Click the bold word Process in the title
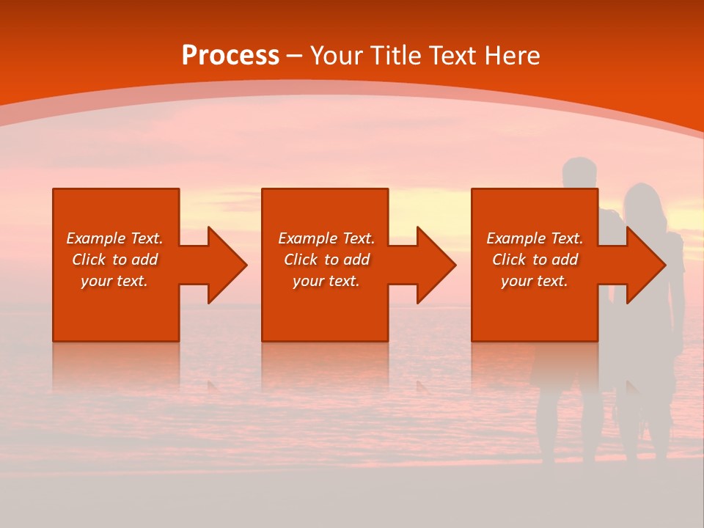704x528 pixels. pyautogui.click(x=230, y=56)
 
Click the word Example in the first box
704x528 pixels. pyautogui.click(x=95, y=238)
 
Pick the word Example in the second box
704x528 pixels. pyautogui.click(x=307, y=238)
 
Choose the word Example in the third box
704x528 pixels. pyautogui.click(x=516, y=238)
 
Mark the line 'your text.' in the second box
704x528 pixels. pyautogui.click(x=326, y=281)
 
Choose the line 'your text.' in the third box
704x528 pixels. pyautogui.click(x=534, y=281)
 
